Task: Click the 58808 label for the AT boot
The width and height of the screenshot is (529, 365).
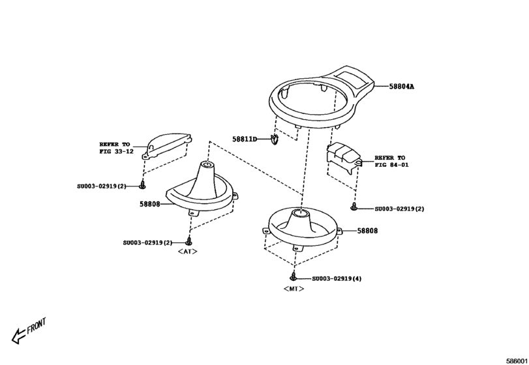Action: coord(149,203)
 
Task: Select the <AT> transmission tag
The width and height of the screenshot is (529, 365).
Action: coord(187,251)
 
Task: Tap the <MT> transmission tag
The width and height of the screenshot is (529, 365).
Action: coord(294,287)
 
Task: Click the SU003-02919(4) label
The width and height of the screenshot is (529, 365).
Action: coord(337,278)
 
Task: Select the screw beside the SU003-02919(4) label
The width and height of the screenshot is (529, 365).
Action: coord(294,277)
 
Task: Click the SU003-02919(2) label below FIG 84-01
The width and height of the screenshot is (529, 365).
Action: coord(399,209)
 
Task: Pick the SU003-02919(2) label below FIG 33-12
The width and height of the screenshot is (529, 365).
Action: coord(104,186)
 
